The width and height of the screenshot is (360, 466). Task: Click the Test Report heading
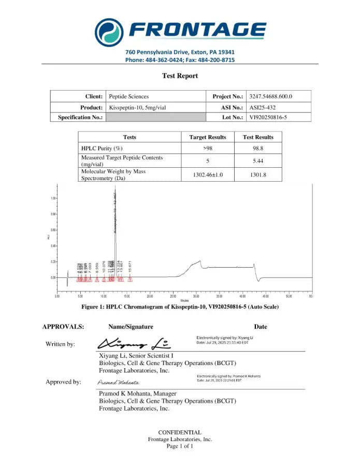coord(180,76)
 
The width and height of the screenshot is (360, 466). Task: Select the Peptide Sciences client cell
coord(128,96)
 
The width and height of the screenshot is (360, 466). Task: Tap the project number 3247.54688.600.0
coord(270,96)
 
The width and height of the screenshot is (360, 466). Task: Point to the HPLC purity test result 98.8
coord(258,148)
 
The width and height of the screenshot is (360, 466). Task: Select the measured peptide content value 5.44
coord(258,161)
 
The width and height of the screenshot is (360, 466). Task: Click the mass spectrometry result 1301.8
coord(258,175)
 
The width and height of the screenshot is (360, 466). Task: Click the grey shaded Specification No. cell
coord(155,118)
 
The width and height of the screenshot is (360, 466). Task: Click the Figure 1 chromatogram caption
coord(180,307)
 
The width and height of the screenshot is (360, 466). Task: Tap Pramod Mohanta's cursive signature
coord(118,382)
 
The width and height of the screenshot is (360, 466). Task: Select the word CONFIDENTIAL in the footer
coord(180,432)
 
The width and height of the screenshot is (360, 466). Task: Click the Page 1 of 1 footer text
coord(180,446)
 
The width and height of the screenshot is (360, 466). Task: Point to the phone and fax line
coord(180,60)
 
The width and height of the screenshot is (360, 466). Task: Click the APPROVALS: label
coord(63,327)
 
